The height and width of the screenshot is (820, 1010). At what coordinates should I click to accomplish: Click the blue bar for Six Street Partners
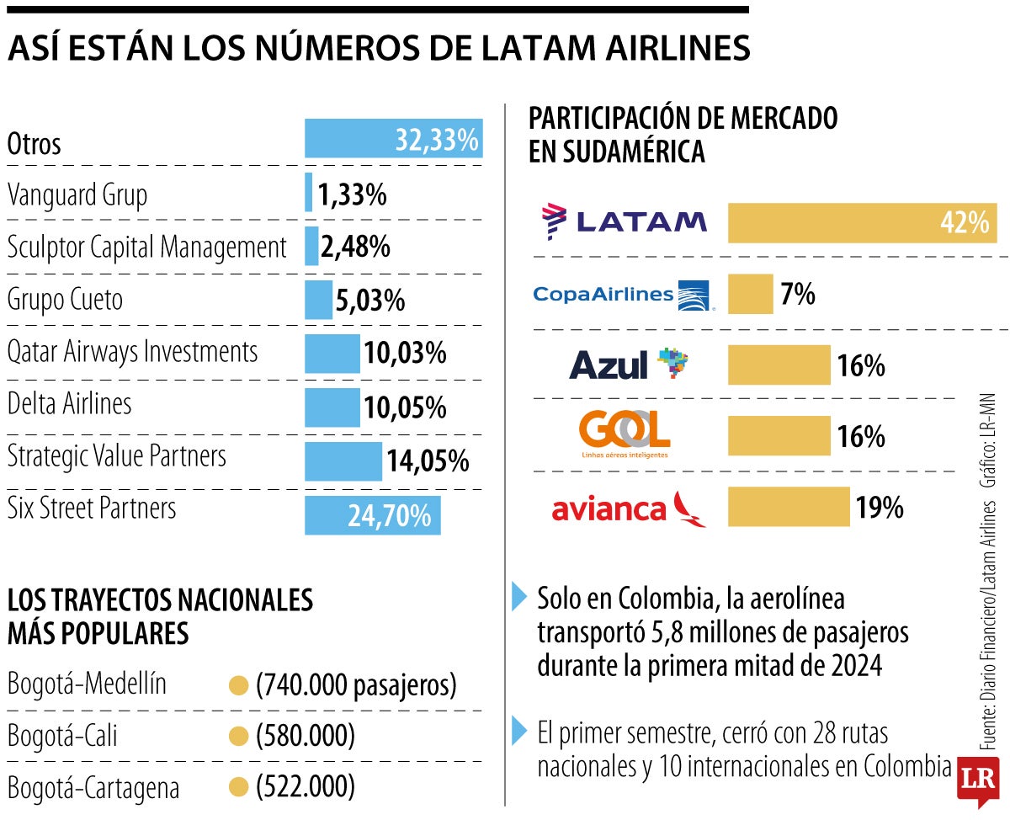pyautogui.click(x=372, y=515)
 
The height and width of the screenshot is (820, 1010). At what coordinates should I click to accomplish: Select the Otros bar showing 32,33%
pyautogui.click(x=393, y=139)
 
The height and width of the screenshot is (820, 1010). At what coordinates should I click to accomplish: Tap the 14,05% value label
pyautogui.click(x=428, y=461)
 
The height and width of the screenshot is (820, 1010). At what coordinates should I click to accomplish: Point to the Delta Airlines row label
pyautogui.click(x=69, y=404)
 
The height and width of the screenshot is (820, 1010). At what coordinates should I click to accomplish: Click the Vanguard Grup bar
pyautogui.click(x=308, y=192)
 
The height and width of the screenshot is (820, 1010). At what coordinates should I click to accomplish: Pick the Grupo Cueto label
pyautogui.click(x=65, y=300)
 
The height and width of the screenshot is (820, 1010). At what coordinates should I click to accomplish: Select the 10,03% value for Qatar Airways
pyautogui.click(x=405, y=354)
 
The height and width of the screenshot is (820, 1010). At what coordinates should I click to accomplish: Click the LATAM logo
pyautogui.click(x=625, y=221)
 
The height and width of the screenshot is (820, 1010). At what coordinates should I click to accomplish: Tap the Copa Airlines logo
pyautogui.click(x=623, y=295)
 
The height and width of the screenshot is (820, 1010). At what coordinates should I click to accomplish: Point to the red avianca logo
pyautogui.click(x=629, y=509)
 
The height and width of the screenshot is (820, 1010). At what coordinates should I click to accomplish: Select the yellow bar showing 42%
pyautogui.click(x=861, y=223)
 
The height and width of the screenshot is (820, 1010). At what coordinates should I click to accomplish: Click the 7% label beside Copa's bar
pyautogui.click(x=798, y=295)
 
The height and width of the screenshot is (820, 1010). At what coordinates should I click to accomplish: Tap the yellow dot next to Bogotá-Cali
pyautogui.click(x=239, y=737)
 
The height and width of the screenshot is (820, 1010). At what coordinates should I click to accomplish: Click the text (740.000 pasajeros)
pyautogui.click(x=356, y=685)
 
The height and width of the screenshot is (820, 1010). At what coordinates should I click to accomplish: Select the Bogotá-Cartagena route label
pyautogui.click(x=93, y=789)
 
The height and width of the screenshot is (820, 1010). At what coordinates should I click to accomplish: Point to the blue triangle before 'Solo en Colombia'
pyautogui.click(x=519, y=597)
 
